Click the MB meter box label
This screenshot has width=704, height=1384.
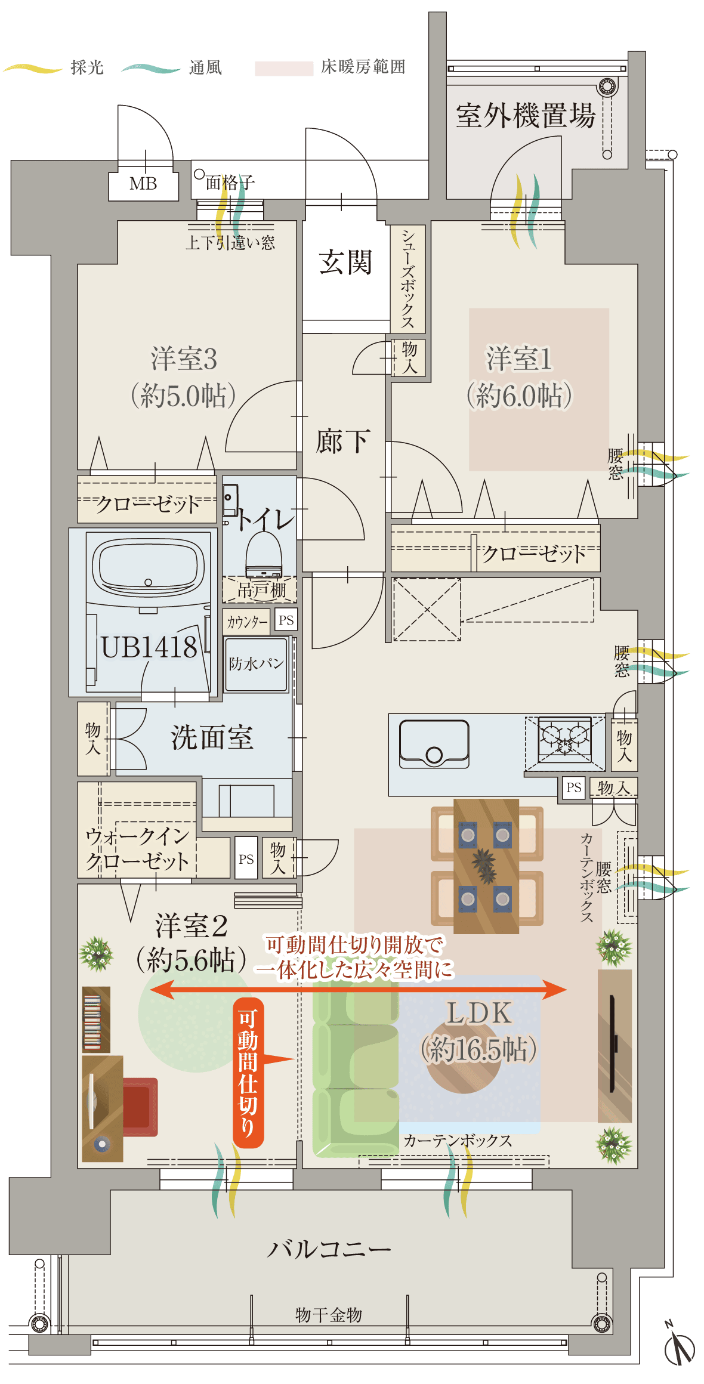tap(143, 184)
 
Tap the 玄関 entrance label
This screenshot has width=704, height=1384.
tap(345, 262)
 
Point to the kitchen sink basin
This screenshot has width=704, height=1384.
tap(434, 743)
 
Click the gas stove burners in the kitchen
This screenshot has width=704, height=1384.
tap(564, 740)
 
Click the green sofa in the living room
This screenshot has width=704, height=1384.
tap(356, 1068)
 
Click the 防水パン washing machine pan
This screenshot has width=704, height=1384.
tap(257, 664)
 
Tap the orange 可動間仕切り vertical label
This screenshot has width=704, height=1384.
tap(248, 1073)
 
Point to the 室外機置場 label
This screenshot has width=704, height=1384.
tap(526, 115)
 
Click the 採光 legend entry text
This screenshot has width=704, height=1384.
tap(87, 67)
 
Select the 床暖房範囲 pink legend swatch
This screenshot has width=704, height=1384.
tap(284, 69)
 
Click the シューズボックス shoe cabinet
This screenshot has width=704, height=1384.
tap(407, 279)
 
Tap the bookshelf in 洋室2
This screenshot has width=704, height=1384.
tap(96, 1019)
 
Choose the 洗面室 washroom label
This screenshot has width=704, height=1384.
tap(212, 737)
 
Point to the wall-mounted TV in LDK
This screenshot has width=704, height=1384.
tap(613, 1044)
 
